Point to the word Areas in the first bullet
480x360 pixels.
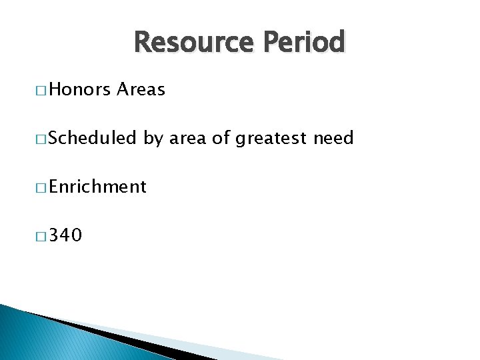(x=140, y=89)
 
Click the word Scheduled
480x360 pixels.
(x=92, y=138)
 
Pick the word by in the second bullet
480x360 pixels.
(x=153, y=139)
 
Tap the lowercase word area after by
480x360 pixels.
(x=187, y=138)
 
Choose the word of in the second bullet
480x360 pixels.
(x=221, y=138)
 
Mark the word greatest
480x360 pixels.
(x=270, y=139)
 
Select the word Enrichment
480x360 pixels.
(x=97, y=187)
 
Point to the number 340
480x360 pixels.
(x=65, y=235)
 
